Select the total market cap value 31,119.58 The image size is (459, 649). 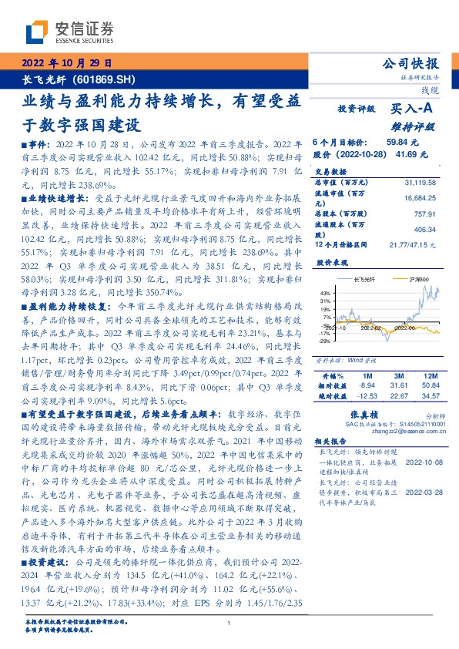pos(420,182)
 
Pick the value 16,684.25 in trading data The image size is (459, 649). pos(420,197)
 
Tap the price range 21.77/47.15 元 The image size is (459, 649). pos(409,244)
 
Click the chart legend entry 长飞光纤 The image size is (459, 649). pos(363,279)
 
